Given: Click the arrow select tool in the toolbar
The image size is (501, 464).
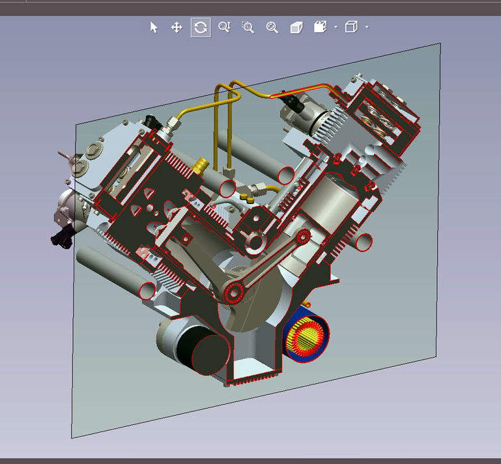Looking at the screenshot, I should (x=154, y=27).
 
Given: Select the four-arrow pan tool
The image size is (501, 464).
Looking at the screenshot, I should (x=176, y=27).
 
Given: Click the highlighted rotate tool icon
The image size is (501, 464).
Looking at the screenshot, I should (x=201, y=27).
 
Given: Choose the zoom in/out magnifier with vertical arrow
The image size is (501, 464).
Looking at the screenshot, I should (x=224, y=27).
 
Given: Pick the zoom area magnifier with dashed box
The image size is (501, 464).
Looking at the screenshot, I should (x=248, y=27).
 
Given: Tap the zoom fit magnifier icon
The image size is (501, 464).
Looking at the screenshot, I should (x=272, y=27).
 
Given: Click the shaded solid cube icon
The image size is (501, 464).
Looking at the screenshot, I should (x=296, y=27).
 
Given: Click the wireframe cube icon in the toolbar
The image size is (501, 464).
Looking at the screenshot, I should (x=351, y=27).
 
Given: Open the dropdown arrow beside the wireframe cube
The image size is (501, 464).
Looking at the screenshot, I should (x=367, y=27).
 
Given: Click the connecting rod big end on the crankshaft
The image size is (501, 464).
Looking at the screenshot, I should (x=233, y=293).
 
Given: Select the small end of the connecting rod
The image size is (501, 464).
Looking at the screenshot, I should (x=303, y=237).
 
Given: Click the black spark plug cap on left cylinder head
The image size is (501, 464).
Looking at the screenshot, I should (x=154, y=121).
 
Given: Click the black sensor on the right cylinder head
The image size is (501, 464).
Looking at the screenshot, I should (x=293, y=102).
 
